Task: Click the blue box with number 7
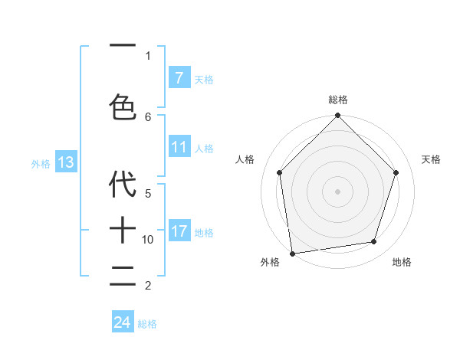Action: (x=179, y=77)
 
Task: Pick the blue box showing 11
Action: (x=179, y=147)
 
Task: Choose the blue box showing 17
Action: (x=179, y=231)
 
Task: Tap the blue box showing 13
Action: (x=66, y=162)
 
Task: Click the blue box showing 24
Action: (x=122, y=322)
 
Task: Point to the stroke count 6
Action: (x=148, y=116)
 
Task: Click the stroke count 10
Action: (x=148, y=240)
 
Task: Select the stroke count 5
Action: (x=148, y=193)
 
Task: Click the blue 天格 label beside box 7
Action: (x=204, y=79)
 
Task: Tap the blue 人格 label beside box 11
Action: (x=204, y=149)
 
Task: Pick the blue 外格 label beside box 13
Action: (x=41, y=164)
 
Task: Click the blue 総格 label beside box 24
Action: (x=147, y=324)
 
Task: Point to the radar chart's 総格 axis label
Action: (x=337, y=100)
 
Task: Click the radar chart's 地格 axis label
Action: (x=402, y=262)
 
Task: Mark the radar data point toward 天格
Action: (x=396, y=172)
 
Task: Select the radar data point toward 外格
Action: (x=292, y=253)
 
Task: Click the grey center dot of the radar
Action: (x=337, y=191)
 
